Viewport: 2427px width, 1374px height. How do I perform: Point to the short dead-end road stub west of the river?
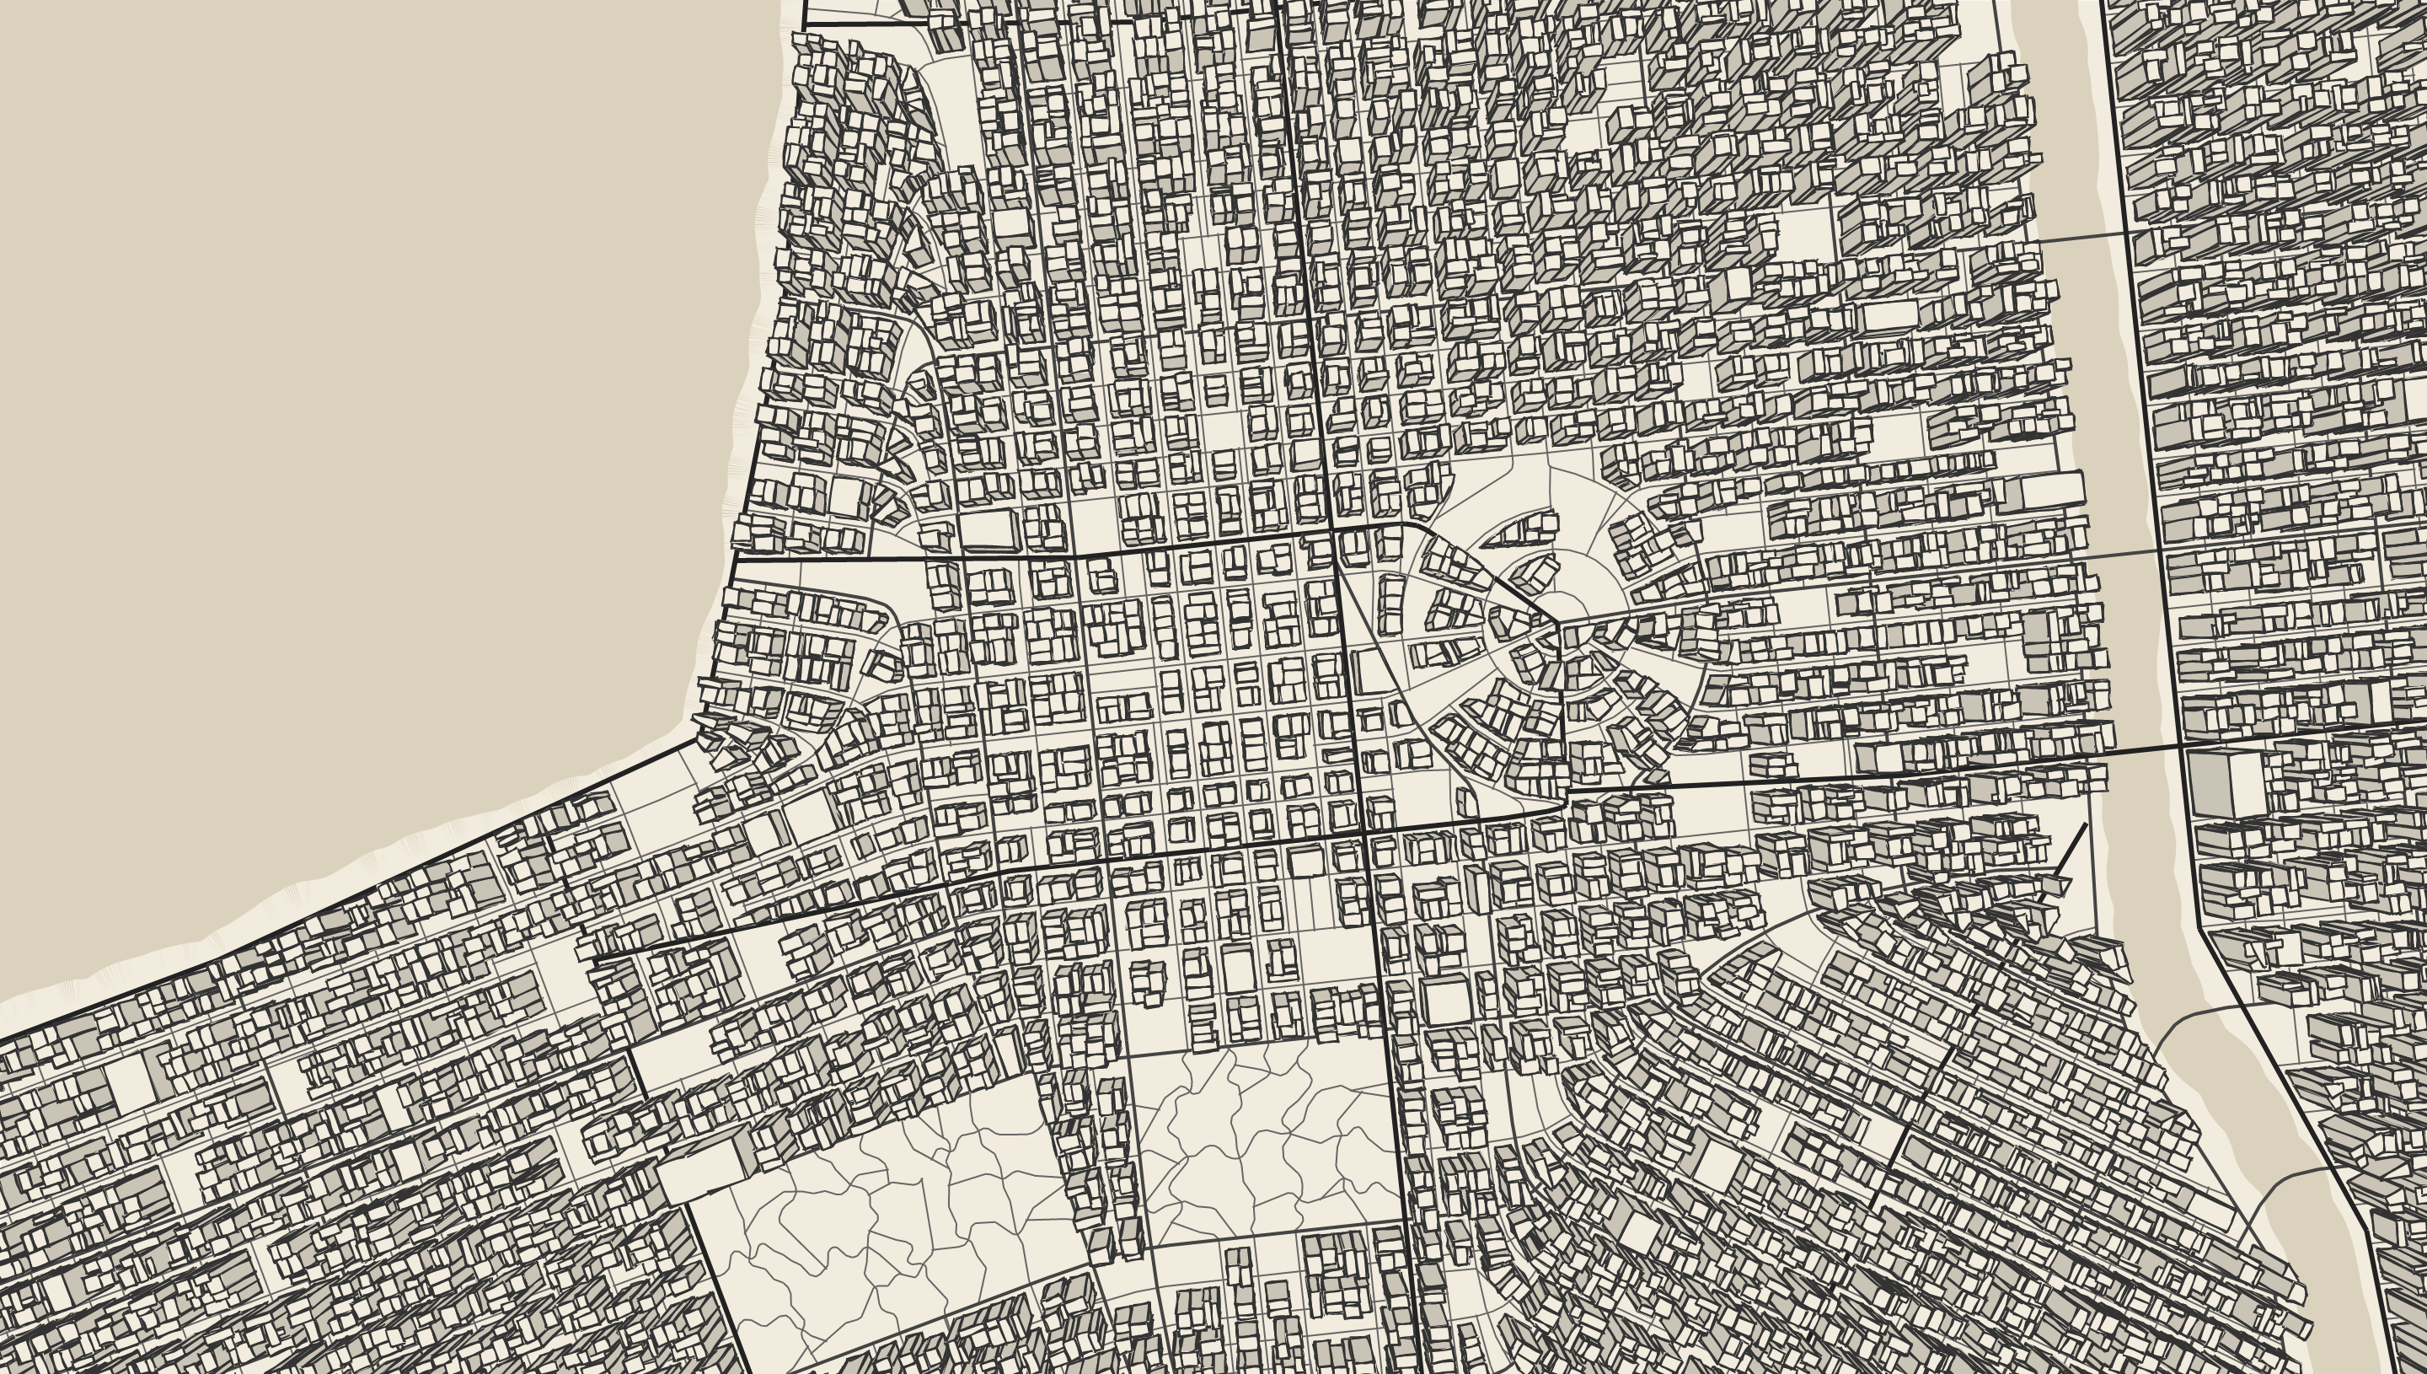point(2071,850)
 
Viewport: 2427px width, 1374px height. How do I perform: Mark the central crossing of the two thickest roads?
point(1364,831)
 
